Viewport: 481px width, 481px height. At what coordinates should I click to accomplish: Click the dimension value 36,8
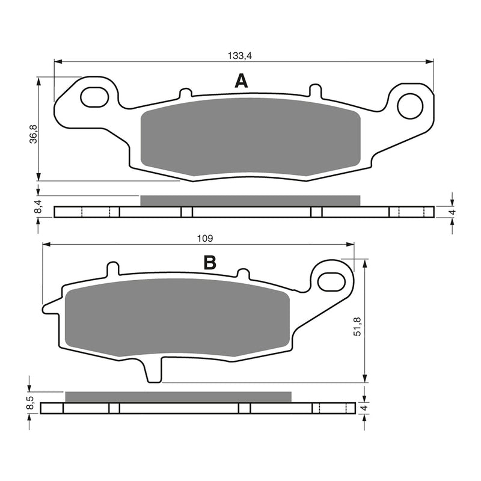(34, 133)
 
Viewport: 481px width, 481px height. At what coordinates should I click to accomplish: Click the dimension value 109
(205, 239)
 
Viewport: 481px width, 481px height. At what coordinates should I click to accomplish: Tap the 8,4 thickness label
(38, 208)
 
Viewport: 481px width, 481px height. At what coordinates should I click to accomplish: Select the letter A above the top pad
(240, 81)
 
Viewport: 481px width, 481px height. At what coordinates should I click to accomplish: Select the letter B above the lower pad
(209, 262)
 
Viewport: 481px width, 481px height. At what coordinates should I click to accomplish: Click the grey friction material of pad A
(250, 137)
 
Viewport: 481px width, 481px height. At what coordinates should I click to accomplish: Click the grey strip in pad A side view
(250, 201)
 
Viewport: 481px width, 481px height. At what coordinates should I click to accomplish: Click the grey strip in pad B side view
(178, 397)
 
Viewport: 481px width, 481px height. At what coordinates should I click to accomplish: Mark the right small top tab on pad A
(314, 90)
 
